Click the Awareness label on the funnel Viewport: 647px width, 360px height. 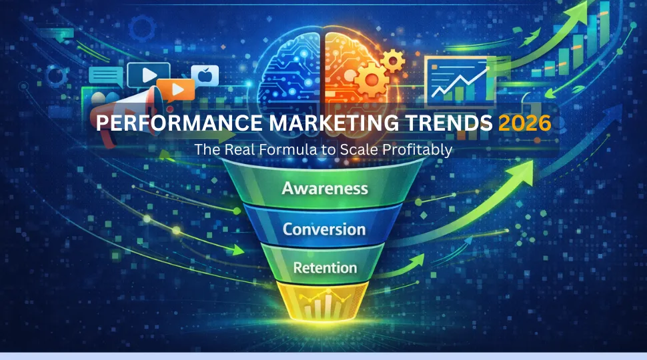click(325, 188)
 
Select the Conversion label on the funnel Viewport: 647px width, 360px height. click(324, 229)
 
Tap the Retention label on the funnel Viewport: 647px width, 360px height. click(325, 267)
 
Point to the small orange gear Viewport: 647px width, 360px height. click(394, 61)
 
